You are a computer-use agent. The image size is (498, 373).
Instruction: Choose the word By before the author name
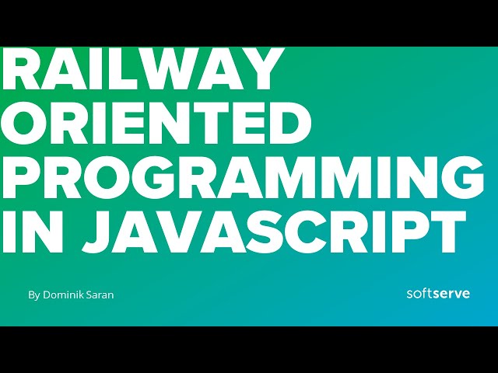click(x=33, y=295)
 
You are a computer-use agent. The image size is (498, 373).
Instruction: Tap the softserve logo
click(x=438, y=294)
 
